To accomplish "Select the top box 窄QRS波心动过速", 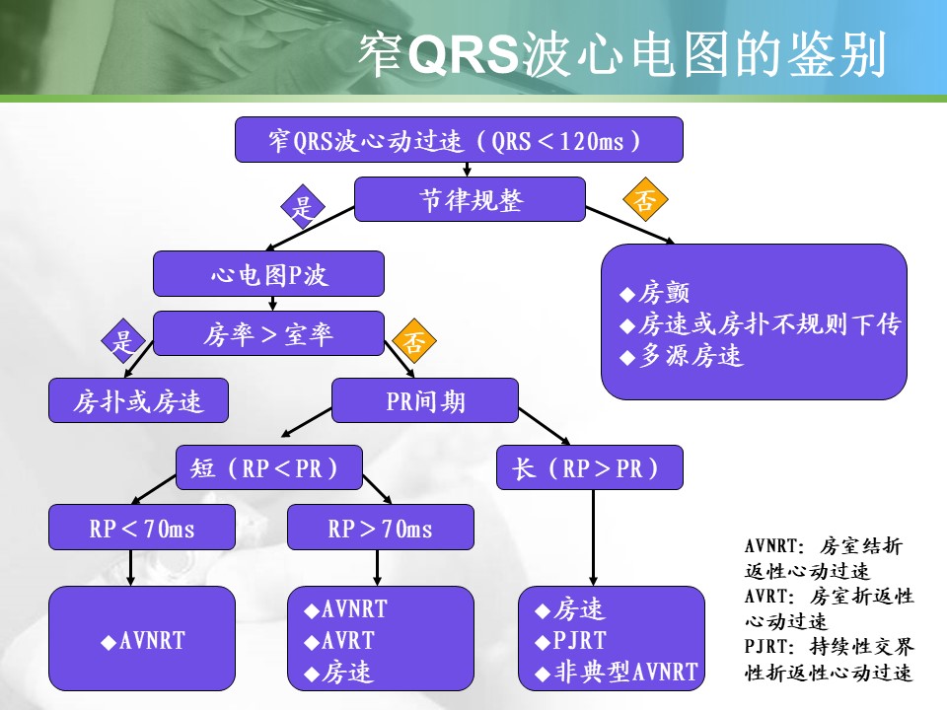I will point(459,140).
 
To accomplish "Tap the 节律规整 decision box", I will point(470,200).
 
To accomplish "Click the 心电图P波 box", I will point(268,274).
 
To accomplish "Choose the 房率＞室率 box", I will point(268,334).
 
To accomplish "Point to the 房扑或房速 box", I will point(138,400).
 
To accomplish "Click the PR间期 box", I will point(425,400).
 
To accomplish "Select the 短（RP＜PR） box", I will point(269,467).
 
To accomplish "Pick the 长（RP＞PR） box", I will point(590,467).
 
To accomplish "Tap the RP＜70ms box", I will point(142,528).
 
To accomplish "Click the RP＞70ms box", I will point(380,528).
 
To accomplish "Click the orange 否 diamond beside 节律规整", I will point(644,202).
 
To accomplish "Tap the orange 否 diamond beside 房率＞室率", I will point(414,342).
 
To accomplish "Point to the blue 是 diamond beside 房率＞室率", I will point(123,342).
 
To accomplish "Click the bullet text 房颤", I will point(664,293).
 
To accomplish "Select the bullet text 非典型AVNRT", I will point(625,673).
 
